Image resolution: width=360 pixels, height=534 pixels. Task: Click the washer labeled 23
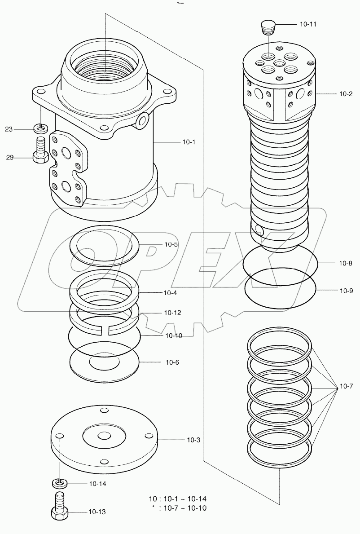tap(40, 129)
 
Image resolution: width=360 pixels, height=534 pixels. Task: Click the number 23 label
tap(9, 129)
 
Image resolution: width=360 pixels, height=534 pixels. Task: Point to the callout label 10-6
tap(172, 362)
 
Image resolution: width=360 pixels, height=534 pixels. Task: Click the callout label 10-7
tap(347, 386)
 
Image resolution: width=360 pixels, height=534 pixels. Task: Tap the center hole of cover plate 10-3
tap(104, 436)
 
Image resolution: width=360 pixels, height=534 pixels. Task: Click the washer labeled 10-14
tap(58, 483)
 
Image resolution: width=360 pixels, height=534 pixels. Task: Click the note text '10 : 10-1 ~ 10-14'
tap(177, 499)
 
